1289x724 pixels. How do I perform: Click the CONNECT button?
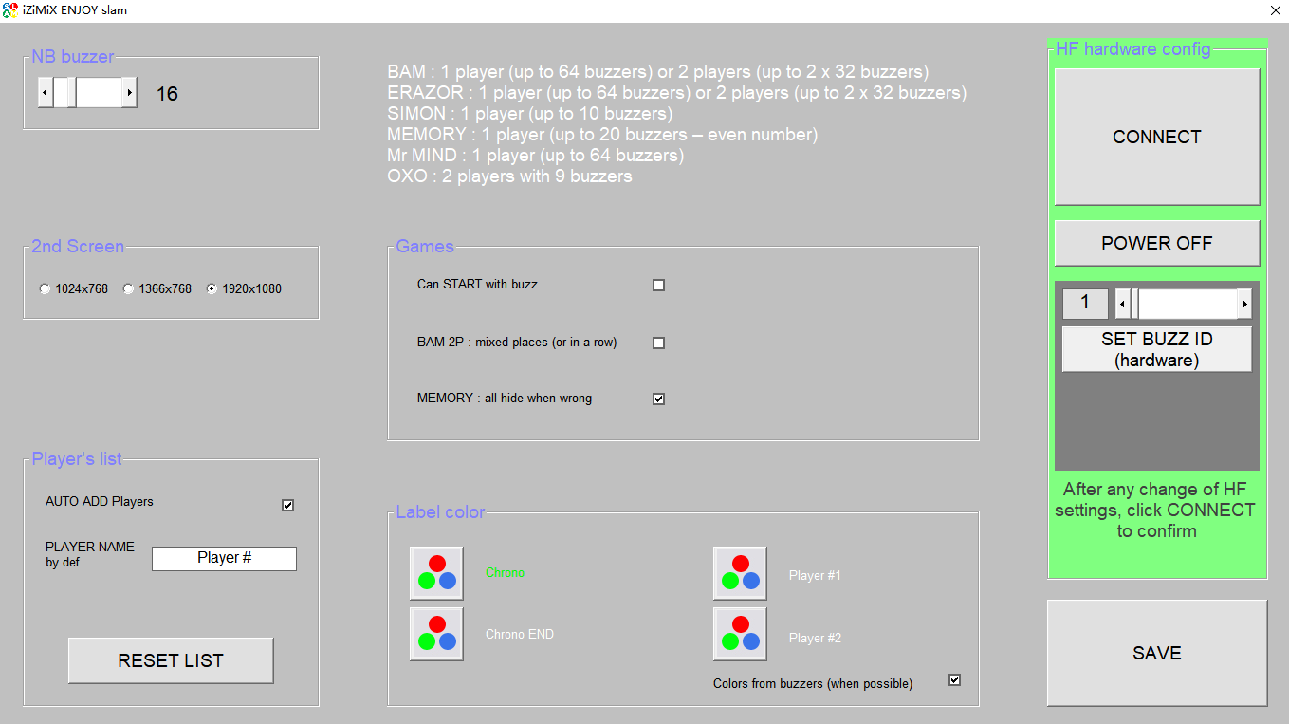(1156, 137)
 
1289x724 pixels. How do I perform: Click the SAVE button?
(1156, 653)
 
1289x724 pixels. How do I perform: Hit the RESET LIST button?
(171, 660)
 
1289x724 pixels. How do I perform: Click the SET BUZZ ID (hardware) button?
(1156, 349)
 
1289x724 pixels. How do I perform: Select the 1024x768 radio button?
(45, 288)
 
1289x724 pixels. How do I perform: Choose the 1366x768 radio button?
(128, 288)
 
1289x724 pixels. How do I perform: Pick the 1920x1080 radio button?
(212, 288)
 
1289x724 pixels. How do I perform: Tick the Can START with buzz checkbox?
(659, 286)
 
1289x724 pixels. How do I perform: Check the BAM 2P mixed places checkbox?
(659, 343)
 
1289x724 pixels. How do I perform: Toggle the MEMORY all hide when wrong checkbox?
(659, 399)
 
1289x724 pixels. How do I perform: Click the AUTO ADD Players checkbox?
(287, 506)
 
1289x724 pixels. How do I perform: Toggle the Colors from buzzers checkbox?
(955, 680)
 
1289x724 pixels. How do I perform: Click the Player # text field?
(224, 558)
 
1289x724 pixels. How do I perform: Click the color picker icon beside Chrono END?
(436, 634)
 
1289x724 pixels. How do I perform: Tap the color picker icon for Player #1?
(740, 573)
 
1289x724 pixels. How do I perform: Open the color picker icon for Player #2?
(740, 634)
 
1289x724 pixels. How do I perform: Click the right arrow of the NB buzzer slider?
(130, 93)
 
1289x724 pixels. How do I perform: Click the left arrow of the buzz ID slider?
(1122, 304)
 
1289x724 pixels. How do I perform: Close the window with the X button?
(1275, 10)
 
